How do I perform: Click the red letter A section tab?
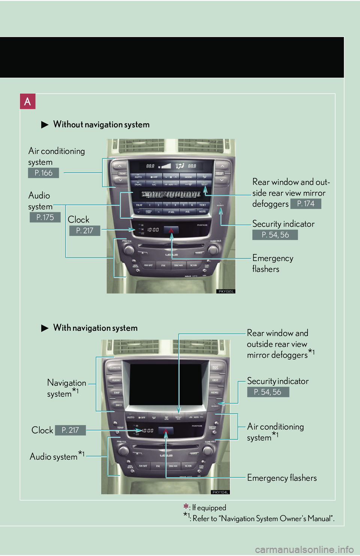click(x=28, y=102)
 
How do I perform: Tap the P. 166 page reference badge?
click(x=43, y=173)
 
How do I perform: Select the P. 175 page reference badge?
click(x=45, y=217)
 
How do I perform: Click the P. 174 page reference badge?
click(x=306, y=204)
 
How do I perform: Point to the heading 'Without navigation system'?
click(x=101, y=124)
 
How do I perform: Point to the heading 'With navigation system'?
click(x=95, y=328)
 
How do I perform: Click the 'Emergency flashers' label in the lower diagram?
click(x=282, y=478)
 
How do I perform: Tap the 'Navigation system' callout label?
click(x=66, y=388)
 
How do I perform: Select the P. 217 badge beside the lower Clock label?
click(x=70, y=430)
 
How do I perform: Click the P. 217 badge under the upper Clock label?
click(x=85, y=230)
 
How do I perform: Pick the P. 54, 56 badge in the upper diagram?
click(x=275, y=235)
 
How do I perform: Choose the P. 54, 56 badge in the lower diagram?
click(x=268, y=392)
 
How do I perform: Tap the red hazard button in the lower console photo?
click(x=166, y=431)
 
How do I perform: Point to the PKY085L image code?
click(x=226, y=291)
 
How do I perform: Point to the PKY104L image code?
click(x=220, y=492)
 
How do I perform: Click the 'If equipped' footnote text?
click(x=209, y=508)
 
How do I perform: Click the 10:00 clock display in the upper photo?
click(x=153, y=230)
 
